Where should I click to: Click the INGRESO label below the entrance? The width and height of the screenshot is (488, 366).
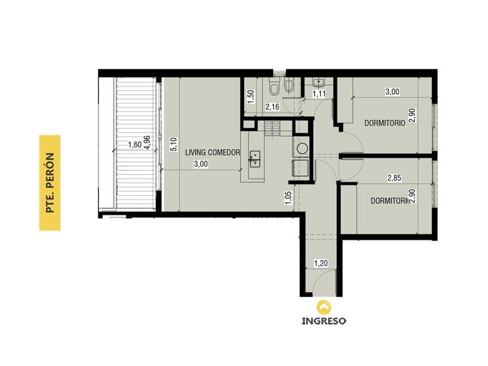[323, 321]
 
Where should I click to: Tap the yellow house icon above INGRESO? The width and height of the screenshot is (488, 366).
[324, 306]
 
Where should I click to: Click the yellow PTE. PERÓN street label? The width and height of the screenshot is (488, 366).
[50, 183]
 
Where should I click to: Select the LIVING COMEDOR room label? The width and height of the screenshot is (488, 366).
[213, 152]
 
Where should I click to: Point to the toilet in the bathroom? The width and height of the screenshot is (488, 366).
[274, 87]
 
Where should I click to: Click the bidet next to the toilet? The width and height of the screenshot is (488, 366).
[289, 85]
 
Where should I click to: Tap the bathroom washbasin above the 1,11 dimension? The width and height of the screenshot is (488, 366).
[318, 82]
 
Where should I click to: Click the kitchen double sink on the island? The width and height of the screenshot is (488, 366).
[255, 158]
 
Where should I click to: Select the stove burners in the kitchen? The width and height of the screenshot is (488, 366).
[273, 128]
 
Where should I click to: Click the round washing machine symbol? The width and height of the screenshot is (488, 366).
[302, 148]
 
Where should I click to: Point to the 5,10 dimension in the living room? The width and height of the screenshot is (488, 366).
[174, 144]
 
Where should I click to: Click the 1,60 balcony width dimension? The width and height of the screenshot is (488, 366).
[135, 145]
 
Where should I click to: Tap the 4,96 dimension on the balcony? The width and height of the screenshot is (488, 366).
[147, 142]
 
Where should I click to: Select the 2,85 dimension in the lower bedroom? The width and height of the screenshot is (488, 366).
[394, 178]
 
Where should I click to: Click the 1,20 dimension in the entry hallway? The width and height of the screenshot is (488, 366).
[320, 263]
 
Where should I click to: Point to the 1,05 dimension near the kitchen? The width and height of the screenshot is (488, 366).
[288, 198]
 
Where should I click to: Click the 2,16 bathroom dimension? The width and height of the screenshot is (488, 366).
[273, 107]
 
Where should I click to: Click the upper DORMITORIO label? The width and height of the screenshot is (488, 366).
[384, 123]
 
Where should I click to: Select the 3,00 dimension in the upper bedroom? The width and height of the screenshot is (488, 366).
[392, 91]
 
